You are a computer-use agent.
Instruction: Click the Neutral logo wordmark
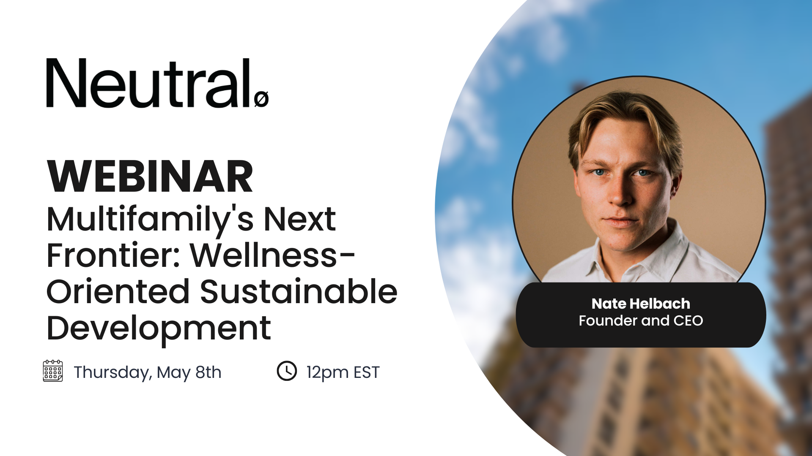(x=157, y=83)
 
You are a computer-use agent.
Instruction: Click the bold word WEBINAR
(x=150, y=176)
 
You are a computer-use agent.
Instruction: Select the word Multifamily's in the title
(x=150, y=220)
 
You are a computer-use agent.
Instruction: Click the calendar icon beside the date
(x=53, y=371)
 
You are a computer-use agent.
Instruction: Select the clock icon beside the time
(x=287, y=371)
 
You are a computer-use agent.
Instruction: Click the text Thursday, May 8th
(x=148, y=373)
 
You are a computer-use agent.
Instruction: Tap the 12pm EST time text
(x=343, y=373)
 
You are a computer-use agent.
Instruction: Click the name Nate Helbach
(x=641, y=304)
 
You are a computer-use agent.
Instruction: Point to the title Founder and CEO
(x=641, y=321)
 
